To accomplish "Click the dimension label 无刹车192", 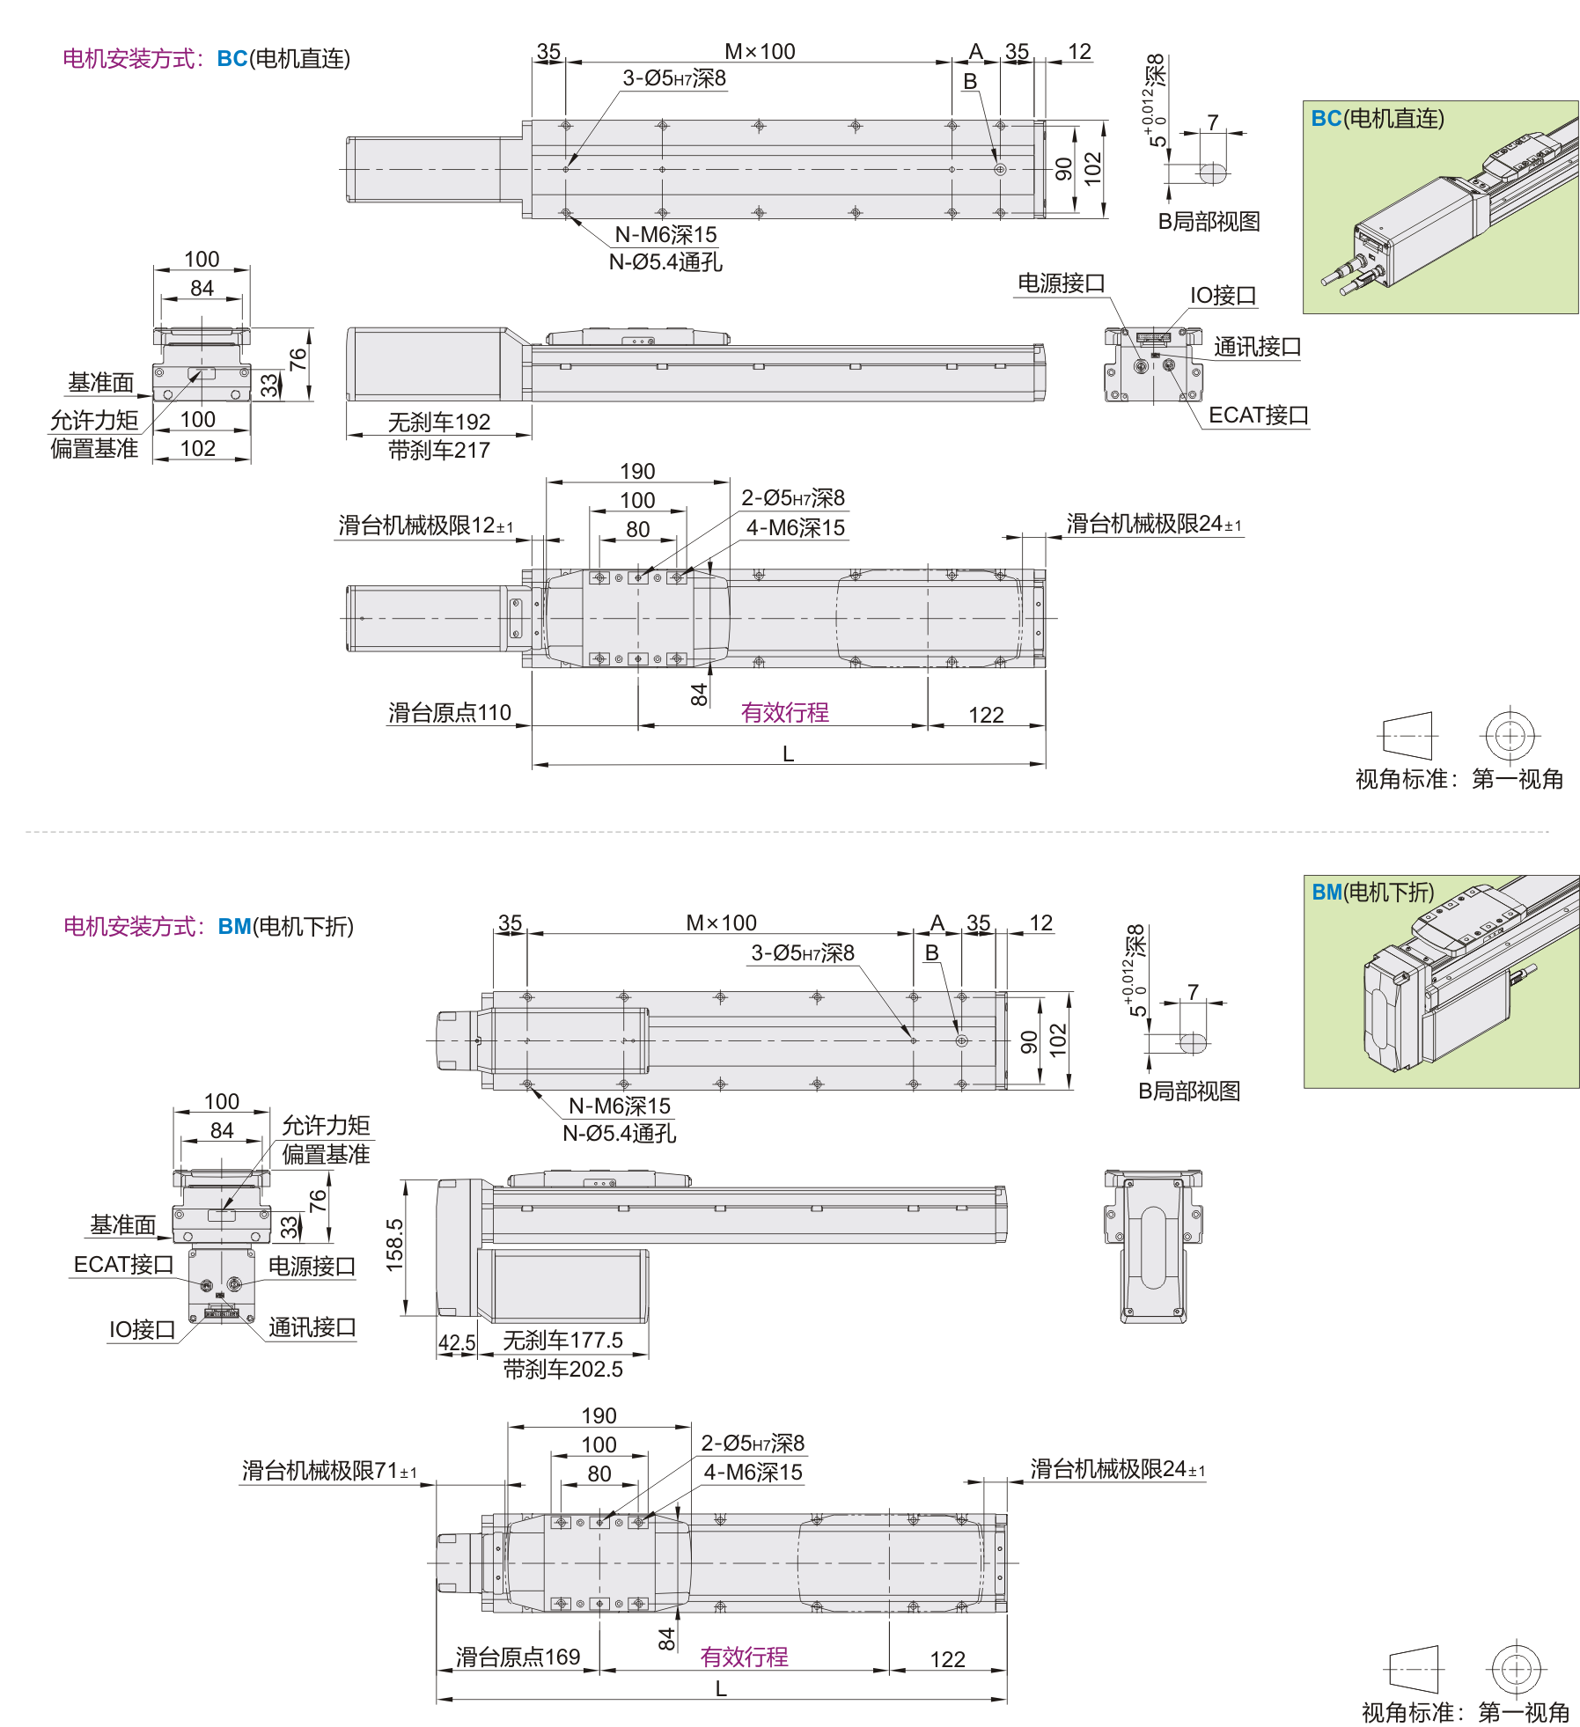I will (438, 422).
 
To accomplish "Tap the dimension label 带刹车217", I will (438, 450).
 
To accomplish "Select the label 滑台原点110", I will (449, 712).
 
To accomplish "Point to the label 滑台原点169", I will (518, 1657).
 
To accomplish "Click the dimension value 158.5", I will (394, 1245).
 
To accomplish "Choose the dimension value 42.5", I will (456, 1343).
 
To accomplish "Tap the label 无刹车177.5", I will (562, 1340).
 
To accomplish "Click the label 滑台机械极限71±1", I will (329, 1470).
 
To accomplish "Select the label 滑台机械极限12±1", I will (425, 525).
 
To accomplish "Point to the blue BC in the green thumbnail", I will (1326, 119).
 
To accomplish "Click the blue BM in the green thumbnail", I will (1326, 893).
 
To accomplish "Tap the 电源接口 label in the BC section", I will (1061, 283).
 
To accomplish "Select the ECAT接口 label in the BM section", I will (123, 1264).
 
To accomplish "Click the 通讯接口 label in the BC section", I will (1257, 347).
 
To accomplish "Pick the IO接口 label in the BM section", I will (141, 1329).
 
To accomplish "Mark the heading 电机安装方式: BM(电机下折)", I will (208, 926).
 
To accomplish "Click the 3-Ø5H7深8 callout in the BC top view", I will (674, 78).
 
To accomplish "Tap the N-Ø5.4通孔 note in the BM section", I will (619, 1133).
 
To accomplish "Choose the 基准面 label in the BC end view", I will (101, 382).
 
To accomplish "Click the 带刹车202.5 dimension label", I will (562, 1369).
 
